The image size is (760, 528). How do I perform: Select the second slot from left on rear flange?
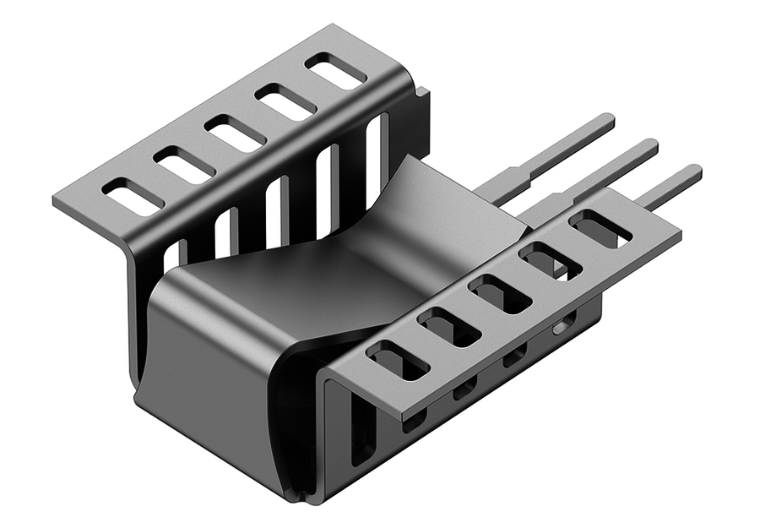point(183,165)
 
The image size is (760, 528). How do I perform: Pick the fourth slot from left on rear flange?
point(286,102)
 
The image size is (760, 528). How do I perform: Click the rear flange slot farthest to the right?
point(335,71)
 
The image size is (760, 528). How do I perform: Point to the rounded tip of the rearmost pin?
point(608,119)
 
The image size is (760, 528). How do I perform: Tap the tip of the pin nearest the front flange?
point(694,171)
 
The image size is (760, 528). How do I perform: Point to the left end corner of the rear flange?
point(57,204)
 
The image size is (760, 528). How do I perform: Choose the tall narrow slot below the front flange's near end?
point(360,431)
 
